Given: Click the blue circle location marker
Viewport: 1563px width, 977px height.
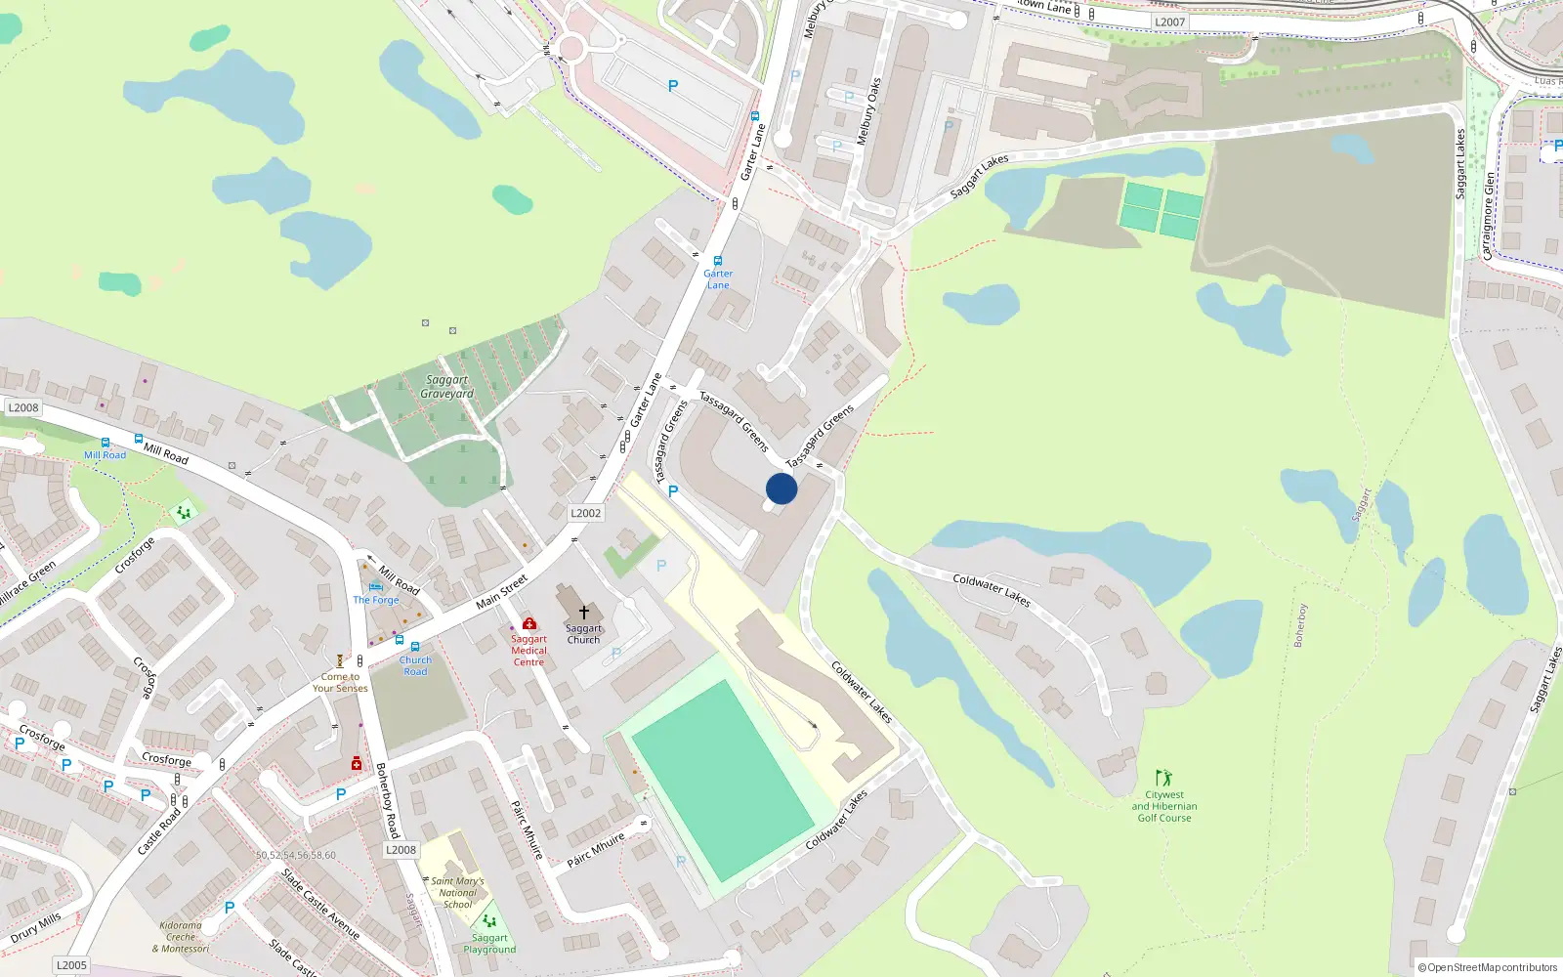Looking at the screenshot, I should coord(781,488).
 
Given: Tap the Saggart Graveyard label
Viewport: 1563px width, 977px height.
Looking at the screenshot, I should coord(446,387).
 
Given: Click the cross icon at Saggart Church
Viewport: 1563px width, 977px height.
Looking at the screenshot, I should coord(584,613).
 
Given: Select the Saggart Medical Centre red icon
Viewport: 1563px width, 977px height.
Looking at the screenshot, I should coord(529,623).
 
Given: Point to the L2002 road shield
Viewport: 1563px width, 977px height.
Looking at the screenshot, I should coord(586,513).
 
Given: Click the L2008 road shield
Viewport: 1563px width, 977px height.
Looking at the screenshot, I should coord(23,408).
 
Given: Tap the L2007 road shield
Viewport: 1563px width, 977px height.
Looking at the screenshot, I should coord(1169,21).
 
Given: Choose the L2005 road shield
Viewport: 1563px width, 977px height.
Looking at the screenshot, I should coord(71,964).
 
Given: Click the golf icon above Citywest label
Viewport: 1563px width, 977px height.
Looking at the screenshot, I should coord(1163,778).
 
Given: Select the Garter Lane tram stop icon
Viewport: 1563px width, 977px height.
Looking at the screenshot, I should coord(718,261).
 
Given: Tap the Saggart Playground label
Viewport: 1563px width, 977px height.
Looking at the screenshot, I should coord(489,944).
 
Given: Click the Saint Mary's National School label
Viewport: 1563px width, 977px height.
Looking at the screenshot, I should coord(457,893).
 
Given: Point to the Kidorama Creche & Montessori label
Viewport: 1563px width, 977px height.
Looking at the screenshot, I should coord(181,937).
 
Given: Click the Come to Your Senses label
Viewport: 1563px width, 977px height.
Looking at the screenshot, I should coord(340,682).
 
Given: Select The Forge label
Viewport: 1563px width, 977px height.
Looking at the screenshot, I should coord(376,600).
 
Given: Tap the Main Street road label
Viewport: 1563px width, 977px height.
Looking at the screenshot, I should coord(502,592).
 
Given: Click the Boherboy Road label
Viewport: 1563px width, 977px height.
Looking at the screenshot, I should coord(388,800).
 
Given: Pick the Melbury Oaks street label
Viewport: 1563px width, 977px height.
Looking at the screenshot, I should coord(868,112).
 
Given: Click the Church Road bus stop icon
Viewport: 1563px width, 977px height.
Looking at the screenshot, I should coord(415,647).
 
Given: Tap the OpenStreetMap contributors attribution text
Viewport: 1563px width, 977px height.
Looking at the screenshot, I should coord(1488,967).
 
